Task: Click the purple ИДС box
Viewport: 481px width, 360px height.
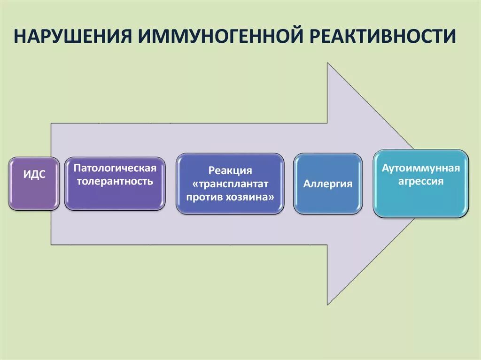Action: [x=34, y=184]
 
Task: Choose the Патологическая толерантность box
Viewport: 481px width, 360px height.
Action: [x=115, y=184]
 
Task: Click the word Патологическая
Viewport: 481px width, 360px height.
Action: [x=115, y=168]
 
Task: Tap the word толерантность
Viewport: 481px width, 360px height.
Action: [x=115, y=181]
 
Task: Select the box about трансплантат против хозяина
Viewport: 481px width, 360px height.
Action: [x=230, y=184]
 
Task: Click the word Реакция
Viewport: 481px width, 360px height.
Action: [x=230, y=171]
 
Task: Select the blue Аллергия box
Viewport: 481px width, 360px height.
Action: [x=328, y=184]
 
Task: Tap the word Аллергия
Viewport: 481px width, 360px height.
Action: [x=328, y=184]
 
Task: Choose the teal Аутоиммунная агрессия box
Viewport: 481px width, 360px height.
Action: [x=420, y=184]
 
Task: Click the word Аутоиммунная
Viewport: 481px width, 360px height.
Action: [x=420, y=168]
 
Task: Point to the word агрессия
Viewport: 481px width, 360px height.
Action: [x=420, y=181]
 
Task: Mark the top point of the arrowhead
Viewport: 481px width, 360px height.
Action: [x=328, y=65]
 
